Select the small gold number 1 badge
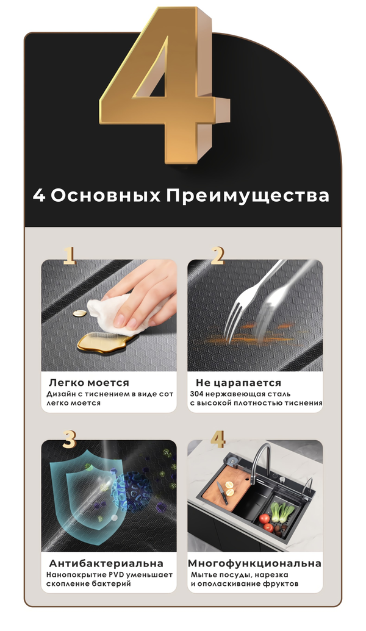coord(70,256)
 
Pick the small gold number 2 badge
coord(217,256)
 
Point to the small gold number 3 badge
coord(70,439)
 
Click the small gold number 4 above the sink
coord(217,439)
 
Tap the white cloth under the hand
coord(117,313)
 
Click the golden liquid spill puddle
coord(102,341)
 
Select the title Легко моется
coord(89,383)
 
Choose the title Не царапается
coord(239,383)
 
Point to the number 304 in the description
coord(196,394)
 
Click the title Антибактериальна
coord(106,563)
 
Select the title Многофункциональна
coord(255,563)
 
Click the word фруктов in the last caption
coord(282,584)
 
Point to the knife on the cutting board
coord(222,493)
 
